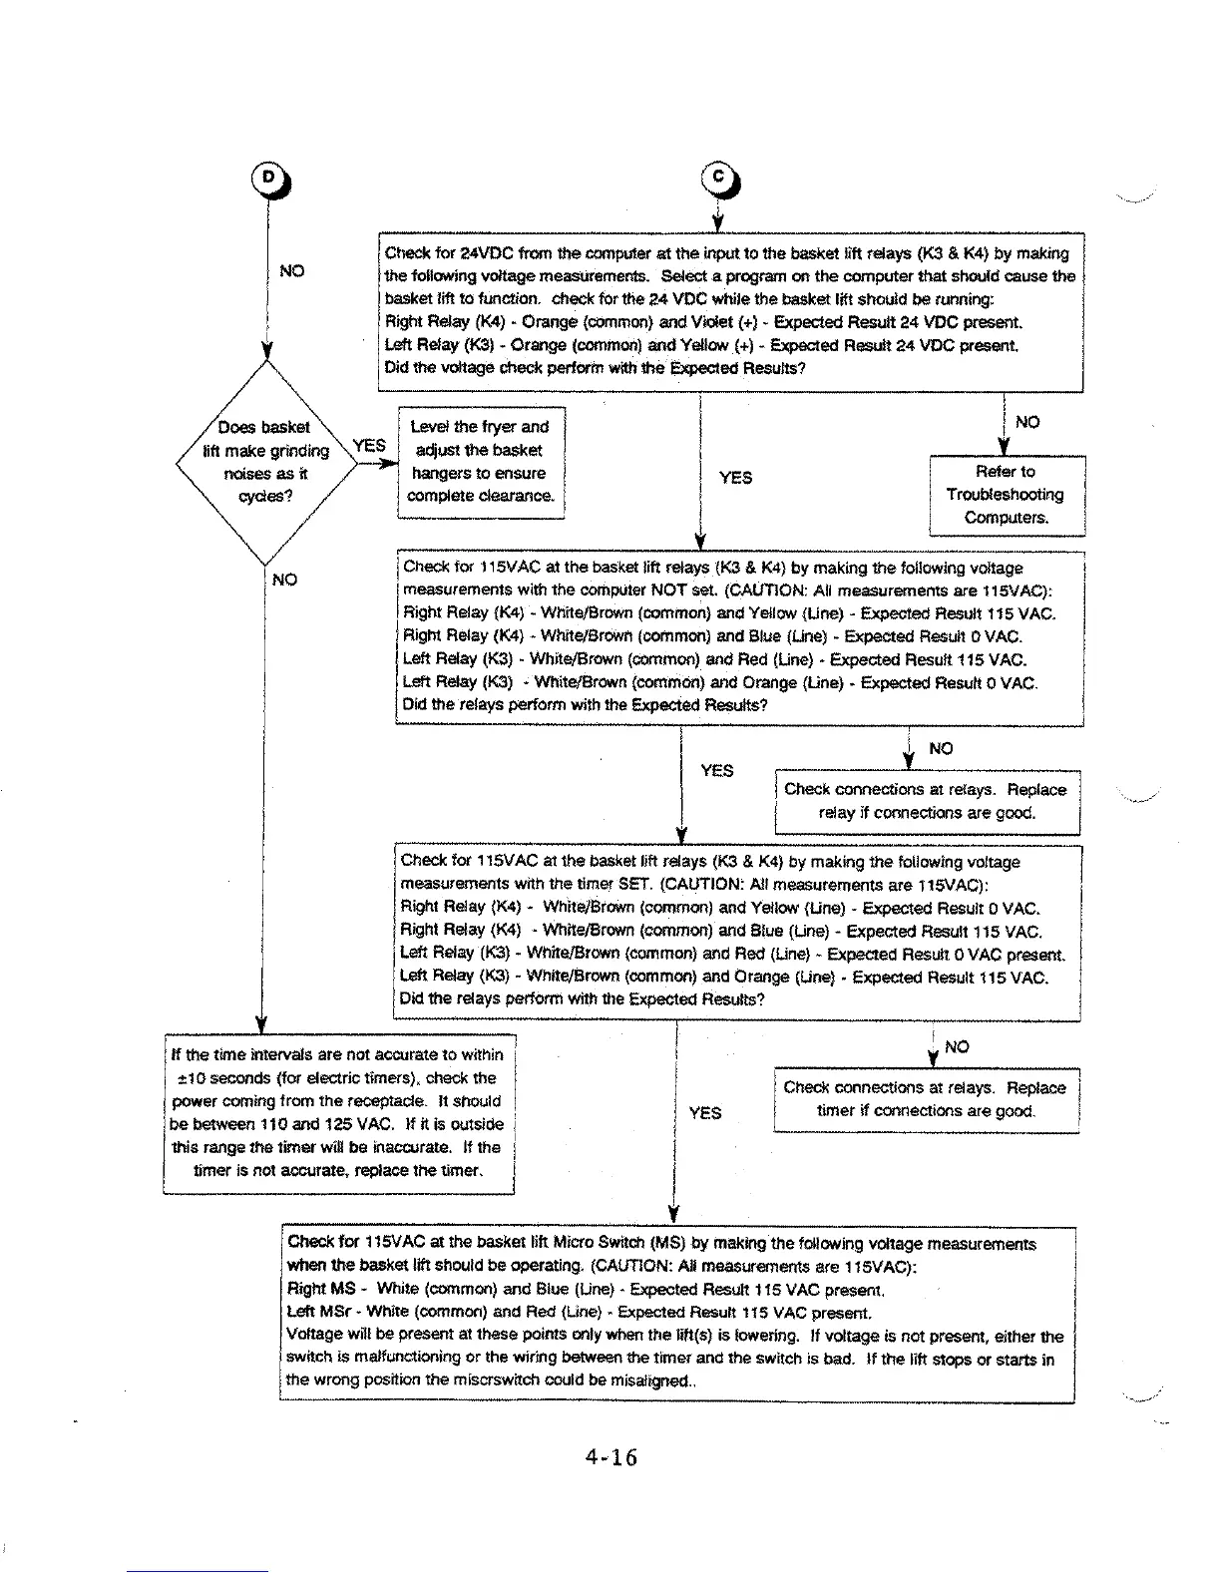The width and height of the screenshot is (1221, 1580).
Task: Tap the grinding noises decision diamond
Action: [263, 463]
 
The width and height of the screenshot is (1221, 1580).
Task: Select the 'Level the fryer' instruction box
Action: [481, 462]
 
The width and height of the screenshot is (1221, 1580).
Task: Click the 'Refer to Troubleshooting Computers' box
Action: [1006, 495]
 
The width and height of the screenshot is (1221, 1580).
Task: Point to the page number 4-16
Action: [610, 1457]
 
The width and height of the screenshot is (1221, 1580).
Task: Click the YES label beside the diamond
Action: [369, 446]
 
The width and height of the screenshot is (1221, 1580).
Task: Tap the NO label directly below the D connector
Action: [291, 271]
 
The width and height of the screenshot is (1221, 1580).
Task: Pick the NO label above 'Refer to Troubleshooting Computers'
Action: [1027, 422]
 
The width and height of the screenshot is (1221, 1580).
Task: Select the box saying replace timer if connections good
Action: [926, 1100]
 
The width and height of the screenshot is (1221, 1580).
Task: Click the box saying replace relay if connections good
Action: [926, 801]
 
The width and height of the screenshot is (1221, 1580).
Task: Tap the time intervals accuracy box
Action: [338, 1113]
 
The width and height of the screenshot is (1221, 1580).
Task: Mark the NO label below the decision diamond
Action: [284, 580]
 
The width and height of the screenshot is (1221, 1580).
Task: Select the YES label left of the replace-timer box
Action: [704, 1113]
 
